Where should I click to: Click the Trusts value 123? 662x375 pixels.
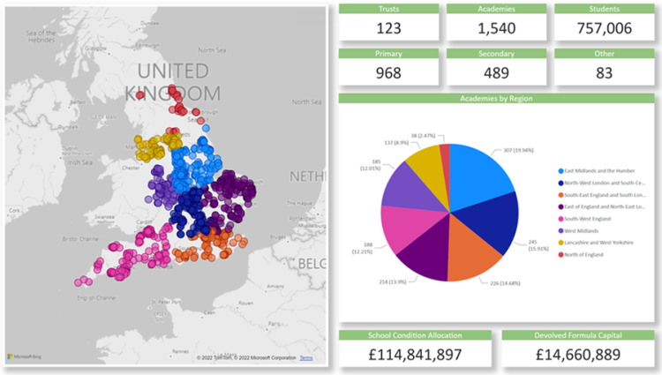coord(388,27)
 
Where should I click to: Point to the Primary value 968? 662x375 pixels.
coord(388,72)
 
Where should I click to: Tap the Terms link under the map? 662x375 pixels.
coord(305,357)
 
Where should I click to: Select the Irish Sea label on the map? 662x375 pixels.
coord(81,161)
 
